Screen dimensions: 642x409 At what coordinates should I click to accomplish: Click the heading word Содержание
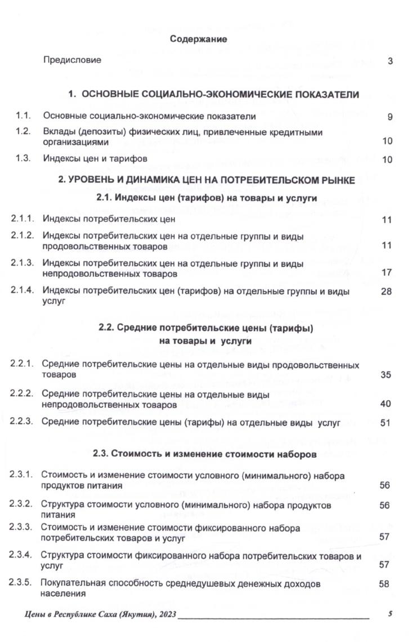coord(199,39)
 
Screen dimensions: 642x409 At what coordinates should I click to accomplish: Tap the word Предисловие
coord(72,60)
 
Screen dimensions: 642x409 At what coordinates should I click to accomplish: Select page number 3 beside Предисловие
coord(390,61)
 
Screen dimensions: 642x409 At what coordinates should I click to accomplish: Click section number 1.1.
coord(23,116)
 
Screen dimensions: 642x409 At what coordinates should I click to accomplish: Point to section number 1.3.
coord(23,159)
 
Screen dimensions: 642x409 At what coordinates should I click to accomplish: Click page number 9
coord(389,117)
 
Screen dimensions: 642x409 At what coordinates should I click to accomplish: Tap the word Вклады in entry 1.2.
coord(58,132)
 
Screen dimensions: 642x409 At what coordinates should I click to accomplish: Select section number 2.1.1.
coord(23,218)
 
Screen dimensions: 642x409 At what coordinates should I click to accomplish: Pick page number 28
coord(386,292)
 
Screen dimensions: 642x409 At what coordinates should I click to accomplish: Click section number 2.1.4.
coord(23,291)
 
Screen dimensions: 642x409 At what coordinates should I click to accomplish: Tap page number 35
coord(385,374)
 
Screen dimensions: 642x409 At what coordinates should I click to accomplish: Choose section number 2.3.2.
coord(23,505)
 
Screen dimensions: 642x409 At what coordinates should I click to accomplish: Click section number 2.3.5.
coord(23,584)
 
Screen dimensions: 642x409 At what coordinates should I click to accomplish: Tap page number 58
coord(385,585)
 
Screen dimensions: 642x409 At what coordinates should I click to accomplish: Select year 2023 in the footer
coord(165,615)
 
